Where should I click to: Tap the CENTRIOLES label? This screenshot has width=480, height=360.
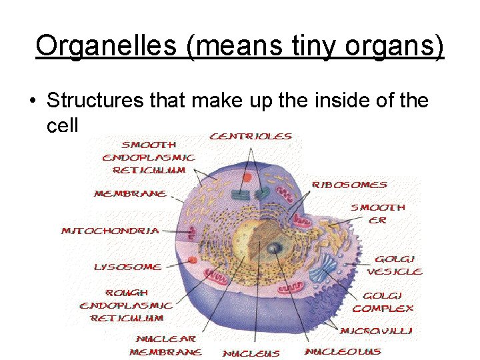[251, 137]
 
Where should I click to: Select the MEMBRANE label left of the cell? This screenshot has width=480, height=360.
[130, 194]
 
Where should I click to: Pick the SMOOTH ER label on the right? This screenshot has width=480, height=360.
[378, 213]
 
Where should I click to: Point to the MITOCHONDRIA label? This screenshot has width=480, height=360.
[110, 231]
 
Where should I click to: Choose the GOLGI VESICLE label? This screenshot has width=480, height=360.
[395, 265]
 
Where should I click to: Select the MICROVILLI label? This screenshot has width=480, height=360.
[375, 331]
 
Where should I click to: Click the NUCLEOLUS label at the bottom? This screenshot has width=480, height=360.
[343, 351]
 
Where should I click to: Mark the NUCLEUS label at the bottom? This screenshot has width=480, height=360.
[251, 353]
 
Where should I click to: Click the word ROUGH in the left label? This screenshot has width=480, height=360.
[127, 293]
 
